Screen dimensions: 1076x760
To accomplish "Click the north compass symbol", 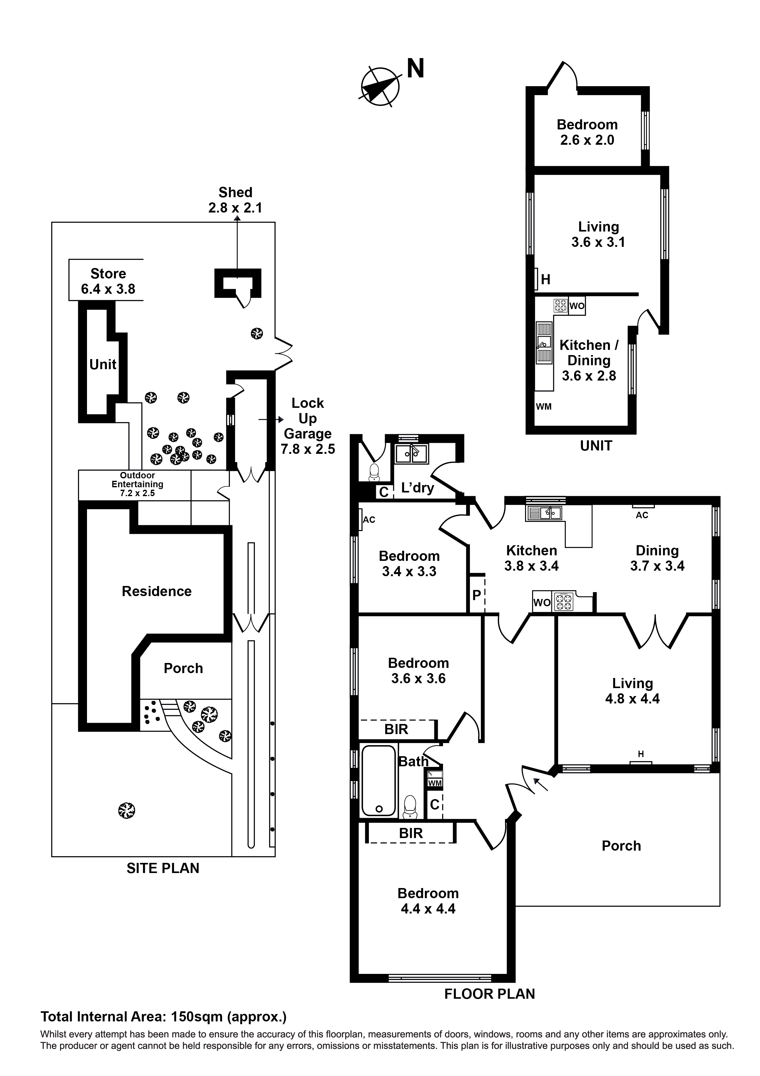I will coord(380,86).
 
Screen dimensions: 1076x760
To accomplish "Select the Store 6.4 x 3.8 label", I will coord(108,281).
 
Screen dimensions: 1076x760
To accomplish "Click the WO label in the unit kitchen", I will coord(577,306).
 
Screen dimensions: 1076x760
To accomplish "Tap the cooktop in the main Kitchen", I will coord(563,602).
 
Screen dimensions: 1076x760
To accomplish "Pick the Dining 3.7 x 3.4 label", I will coord(657,558).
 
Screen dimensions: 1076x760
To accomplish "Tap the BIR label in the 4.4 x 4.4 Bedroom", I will coord(411,833).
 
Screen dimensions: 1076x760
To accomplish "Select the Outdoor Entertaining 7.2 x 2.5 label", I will coord(137,484).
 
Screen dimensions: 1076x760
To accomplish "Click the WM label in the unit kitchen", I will coord(544,407).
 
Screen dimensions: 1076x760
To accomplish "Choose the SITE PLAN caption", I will coord(163,868).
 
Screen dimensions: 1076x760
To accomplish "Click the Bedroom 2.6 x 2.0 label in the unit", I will coord(587,132).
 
